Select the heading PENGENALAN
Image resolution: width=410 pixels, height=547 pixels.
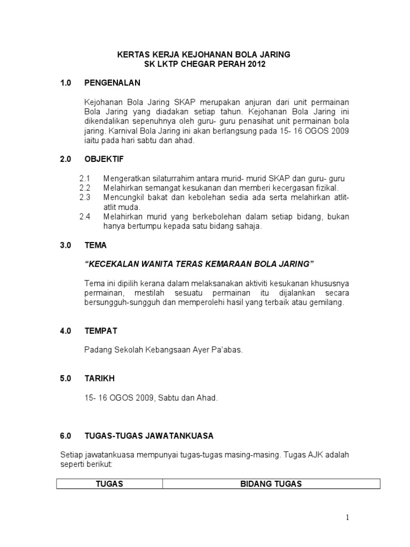(112, 83)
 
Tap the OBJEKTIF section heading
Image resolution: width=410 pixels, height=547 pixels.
(104, 159)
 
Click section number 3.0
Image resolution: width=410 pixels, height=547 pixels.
(66, 245)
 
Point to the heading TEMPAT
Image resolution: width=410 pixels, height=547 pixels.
(101, 331)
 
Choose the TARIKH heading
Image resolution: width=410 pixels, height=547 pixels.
(100, 378)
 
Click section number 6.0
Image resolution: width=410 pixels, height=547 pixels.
(66, 436)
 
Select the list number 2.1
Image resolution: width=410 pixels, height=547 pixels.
(85, 178)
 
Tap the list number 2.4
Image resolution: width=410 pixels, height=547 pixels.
(85, 216)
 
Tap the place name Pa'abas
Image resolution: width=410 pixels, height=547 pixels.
(227, 350)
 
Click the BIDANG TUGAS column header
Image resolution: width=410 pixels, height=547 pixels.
(271, 484)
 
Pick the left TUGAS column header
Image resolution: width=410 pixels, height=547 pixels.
(109, 484)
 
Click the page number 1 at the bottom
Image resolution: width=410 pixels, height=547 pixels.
(346, 517)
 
